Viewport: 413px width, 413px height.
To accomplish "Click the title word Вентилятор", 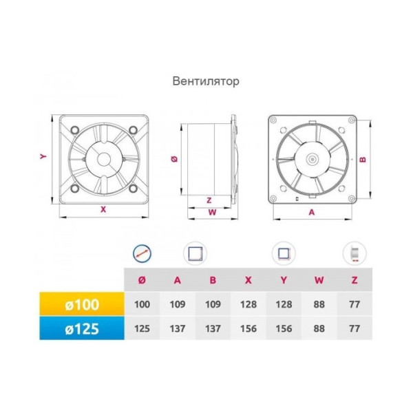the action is coord(206,81).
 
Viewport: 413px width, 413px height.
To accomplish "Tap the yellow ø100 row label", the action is coord(82,304).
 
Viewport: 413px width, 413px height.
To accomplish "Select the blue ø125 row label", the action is coord(82,328).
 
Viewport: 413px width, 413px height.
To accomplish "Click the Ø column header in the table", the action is coord(142,280).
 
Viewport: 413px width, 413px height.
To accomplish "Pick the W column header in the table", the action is coord(319,280).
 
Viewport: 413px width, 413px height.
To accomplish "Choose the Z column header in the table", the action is coord(354,280).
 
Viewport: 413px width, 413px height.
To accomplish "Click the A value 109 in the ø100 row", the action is coord(178,304).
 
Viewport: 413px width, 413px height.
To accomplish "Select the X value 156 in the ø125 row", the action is coord(248,328).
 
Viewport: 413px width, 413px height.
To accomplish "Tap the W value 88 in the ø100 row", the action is coord(319,304).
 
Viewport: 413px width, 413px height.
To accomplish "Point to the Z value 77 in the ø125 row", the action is coord(354,328).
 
